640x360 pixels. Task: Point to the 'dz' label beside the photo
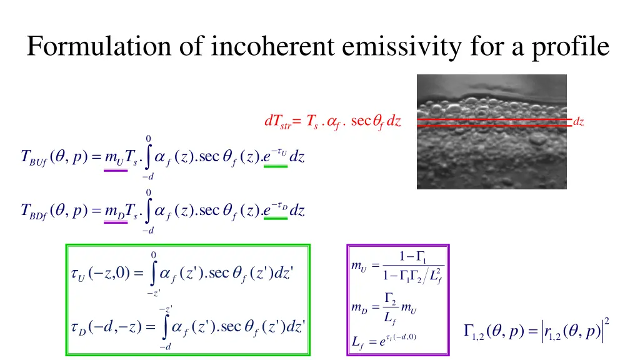pos(579,122)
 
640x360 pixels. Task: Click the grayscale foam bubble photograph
pos(491,131)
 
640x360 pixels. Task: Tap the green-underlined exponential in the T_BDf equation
pos(275,209)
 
